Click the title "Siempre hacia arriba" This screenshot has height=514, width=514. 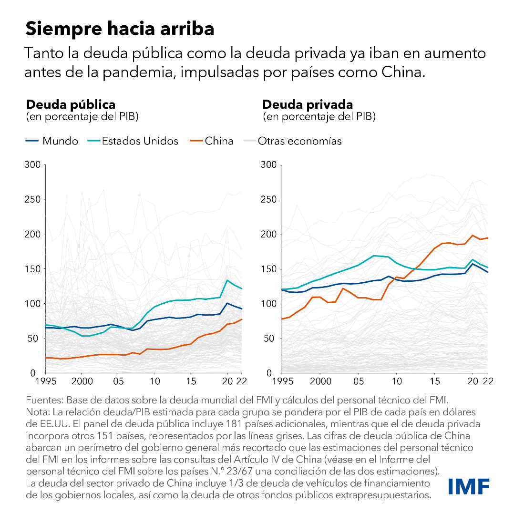pyautogui.click(x=120, y=29)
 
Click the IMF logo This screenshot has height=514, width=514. pyautogui.click(x=469, y=486)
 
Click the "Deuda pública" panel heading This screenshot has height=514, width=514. pyautogui.click(x=71, y=104)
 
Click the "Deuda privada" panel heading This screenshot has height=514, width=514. pyautogui.click(x=308, y=104)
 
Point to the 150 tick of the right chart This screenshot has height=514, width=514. pyautogui.click(x=269, y=269)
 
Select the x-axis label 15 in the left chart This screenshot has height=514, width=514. pyautogui.click(x=190, y=382)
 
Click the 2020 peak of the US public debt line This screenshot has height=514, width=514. pyautogui.click(x=227, y=280)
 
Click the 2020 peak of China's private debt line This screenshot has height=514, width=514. pyautogui.click(x=473, y=236)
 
